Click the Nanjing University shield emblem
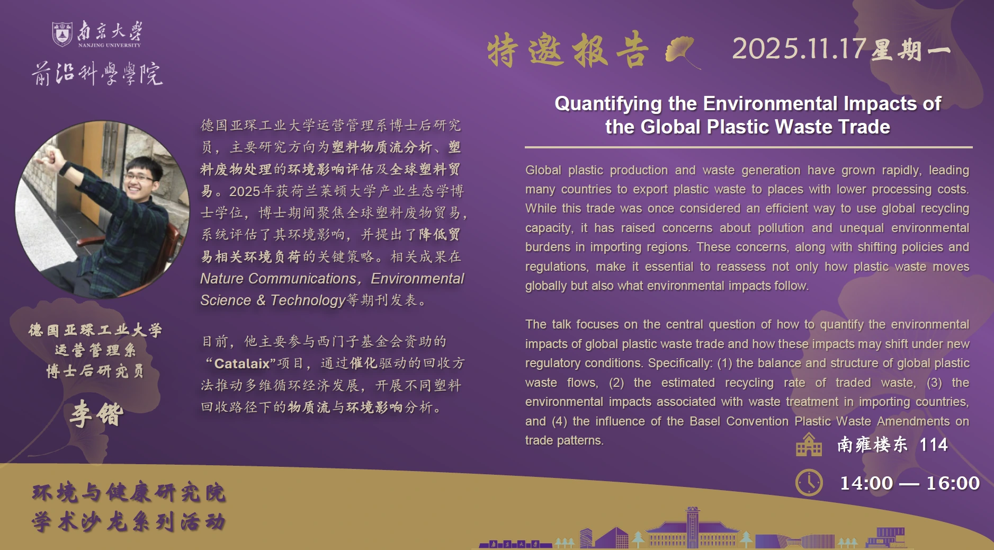(x=62, y=34)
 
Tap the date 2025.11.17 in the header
(x=799, y=49)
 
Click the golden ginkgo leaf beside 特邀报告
(x=682, y=52)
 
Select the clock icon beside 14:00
(x=809, y=483)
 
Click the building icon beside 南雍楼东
(x=809, y=445)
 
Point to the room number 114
(x=933, y=445)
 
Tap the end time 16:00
(x=953, y=483)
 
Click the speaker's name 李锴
(x=96, y=414)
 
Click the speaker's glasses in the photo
(x=140, y=178)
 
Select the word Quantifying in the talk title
(x=608, y=104)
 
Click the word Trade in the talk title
(x=864, y=127)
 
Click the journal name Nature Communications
(x=278, y=279)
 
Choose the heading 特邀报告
(x=568, y=50)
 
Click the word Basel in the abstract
(x=704, y=421)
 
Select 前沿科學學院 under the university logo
(x=97, y=73)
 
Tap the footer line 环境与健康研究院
(x=129, y=493)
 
